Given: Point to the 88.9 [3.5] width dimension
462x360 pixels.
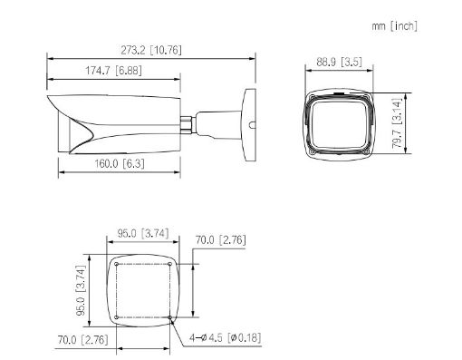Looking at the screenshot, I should click(340, 63).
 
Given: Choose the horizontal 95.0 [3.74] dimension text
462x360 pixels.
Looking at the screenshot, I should click(143, 233).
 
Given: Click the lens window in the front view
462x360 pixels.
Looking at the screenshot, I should click(340, 123).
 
